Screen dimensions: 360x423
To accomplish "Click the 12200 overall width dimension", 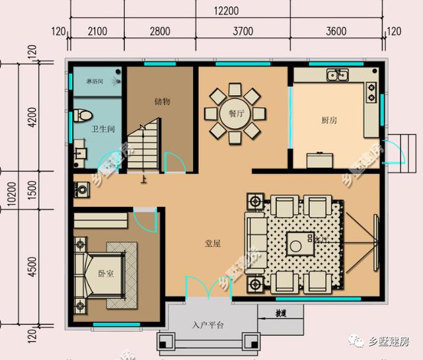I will coord(225,10).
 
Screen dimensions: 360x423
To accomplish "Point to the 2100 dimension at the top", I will coord(96,31).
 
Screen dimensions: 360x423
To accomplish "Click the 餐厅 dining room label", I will coord(236,113).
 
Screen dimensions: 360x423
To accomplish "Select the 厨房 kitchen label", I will coord(329,120).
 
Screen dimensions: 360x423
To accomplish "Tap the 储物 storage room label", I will coord(162,101).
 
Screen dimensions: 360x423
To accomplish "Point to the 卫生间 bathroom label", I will coord(103,129).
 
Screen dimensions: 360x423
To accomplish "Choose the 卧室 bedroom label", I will coord(106,273).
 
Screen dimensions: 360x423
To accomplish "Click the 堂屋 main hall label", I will coord(212,243).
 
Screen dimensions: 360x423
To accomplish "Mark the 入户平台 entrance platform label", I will coord(208,325).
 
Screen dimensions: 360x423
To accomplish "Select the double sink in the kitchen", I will coord(337,76).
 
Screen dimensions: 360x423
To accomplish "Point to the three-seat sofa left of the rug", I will coord(255,243).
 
